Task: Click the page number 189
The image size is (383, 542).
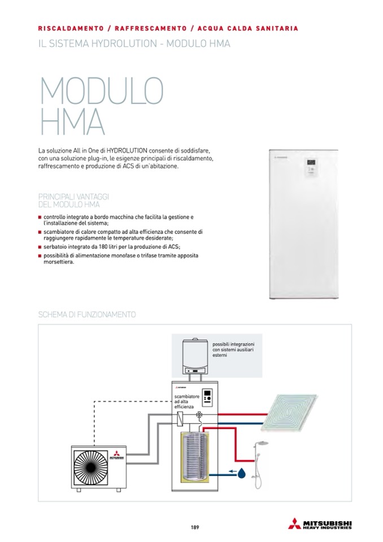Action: [194, 528]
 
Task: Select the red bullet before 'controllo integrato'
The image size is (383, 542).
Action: [40, 217]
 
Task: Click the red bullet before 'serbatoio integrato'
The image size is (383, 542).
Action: [40, 247]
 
